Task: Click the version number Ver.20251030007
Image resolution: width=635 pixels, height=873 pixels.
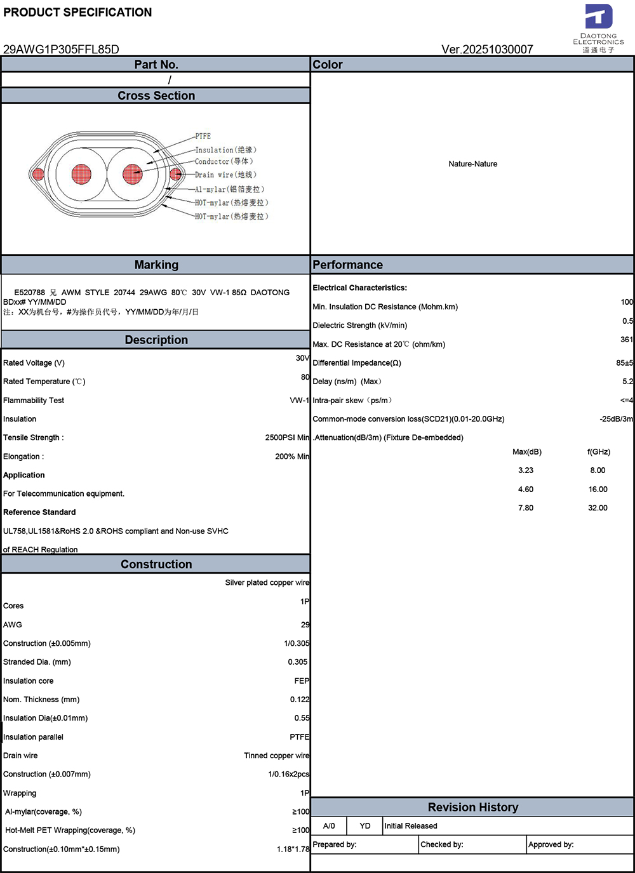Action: (x=487, y=50)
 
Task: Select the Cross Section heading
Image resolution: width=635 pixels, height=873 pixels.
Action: (x=156, y=96)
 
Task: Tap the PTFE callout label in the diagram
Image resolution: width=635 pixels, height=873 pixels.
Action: (x=203, y=137)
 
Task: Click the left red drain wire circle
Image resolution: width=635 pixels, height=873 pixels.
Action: (x=37, y=174)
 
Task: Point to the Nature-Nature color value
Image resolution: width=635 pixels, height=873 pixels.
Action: (x=472, y=164)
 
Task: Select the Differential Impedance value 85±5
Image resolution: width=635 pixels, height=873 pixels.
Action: (x=624, y=363)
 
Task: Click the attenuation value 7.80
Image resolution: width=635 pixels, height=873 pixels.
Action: (x=526, y=508)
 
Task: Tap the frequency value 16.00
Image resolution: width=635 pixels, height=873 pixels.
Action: (x=598, y=490)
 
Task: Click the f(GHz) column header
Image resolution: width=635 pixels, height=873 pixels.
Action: (x=599, y=452)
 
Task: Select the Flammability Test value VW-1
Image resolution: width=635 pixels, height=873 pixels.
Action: (x=299, y=401)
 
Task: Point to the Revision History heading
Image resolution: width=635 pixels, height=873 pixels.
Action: (x=473, y=808)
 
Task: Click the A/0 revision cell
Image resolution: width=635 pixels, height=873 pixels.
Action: (x=329, y=826)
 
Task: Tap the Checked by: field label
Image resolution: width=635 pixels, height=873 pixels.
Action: (x=442, y=844)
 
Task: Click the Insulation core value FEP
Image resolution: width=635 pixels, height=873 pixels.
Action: (x=302, y=681)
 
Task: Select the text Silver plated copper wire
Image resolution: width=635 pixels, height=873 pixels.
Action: (x=267, y=583)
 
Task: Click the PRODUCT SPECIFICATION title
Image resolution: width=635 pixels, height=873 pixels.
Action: (x=77, y=12)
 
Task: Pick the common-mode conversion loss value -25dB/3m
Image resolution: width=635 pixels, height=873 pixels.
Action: (x=616, y=419)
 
